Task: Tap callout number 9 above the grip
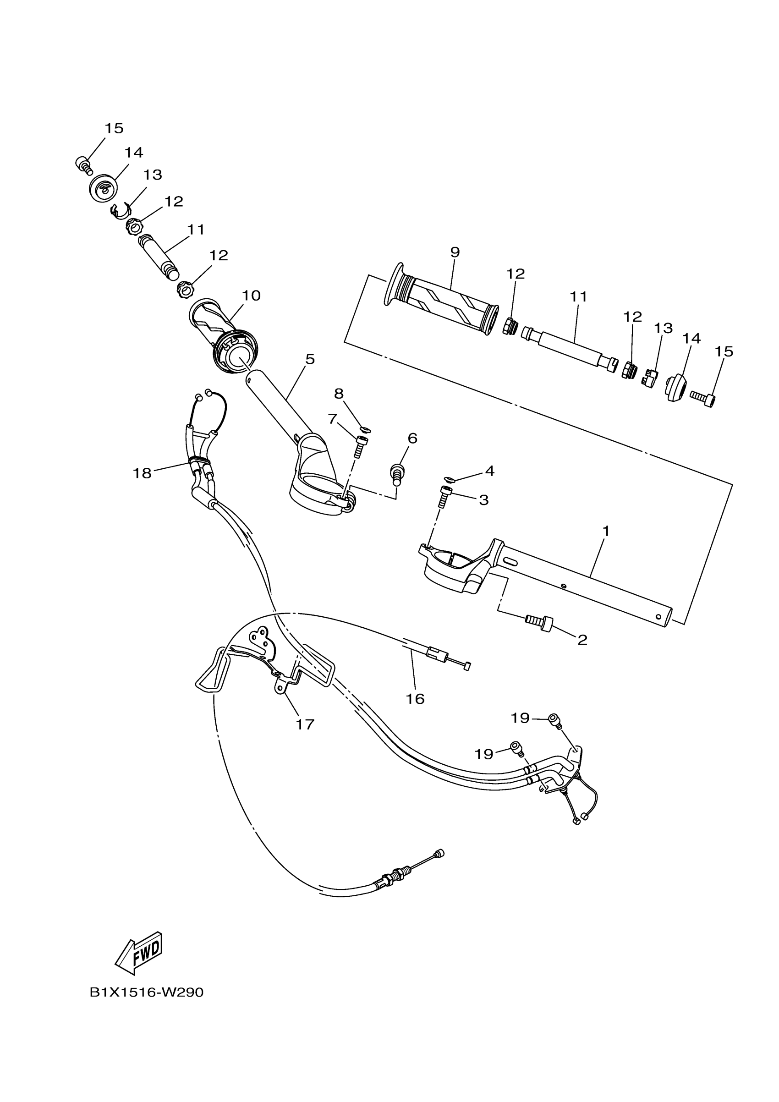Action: [x=455, y=252]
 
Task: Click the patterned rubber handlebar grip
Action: [x=441, y=301]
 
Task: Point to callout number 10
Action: [x=251, y=295]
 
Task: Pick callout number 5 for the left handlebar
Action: [x=310, y=359]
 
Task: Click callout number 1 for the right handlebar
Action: [x=606, y=531]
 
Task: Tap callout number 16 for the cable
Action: [x=415, y=699]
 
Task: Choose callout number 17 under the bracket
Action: [x=305, y=724]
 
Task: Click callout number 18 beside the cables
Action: [x=142, y=473]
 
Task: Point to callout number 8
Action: [x=339, y=394]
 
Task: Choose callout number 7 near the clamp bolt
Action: [x=333, y=419]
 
